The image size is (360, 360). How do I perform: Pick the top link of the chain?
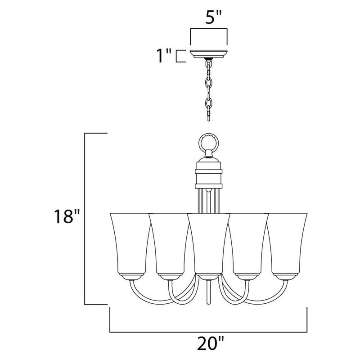pyautogui.click(x=208, y=68)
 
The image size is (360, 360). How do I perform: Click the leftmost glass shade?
pyautogui.click(x=129, y=243)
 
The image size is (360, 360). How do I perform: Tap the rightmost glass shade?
pyautogui.click(x=288, y=243)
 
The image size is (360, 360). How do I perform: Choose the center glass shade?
pyautogui.click(x=208, y=243)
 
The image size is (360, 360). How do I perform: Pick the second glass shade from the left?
pyautogui.click(x=169, y=243)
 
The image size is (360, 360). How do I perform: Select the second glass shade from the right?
pyautogui.click(x=248, y=243)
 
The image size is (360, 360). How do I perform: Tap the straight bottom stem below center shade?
pyautogui.click(x=208, y=295)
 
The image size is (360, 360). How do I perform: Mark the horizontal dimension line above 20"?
pyautogui.click(x=208, y=332)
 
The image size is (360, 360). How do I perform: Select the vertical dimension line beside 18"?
pyautogui.click(x=85, y=217)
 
